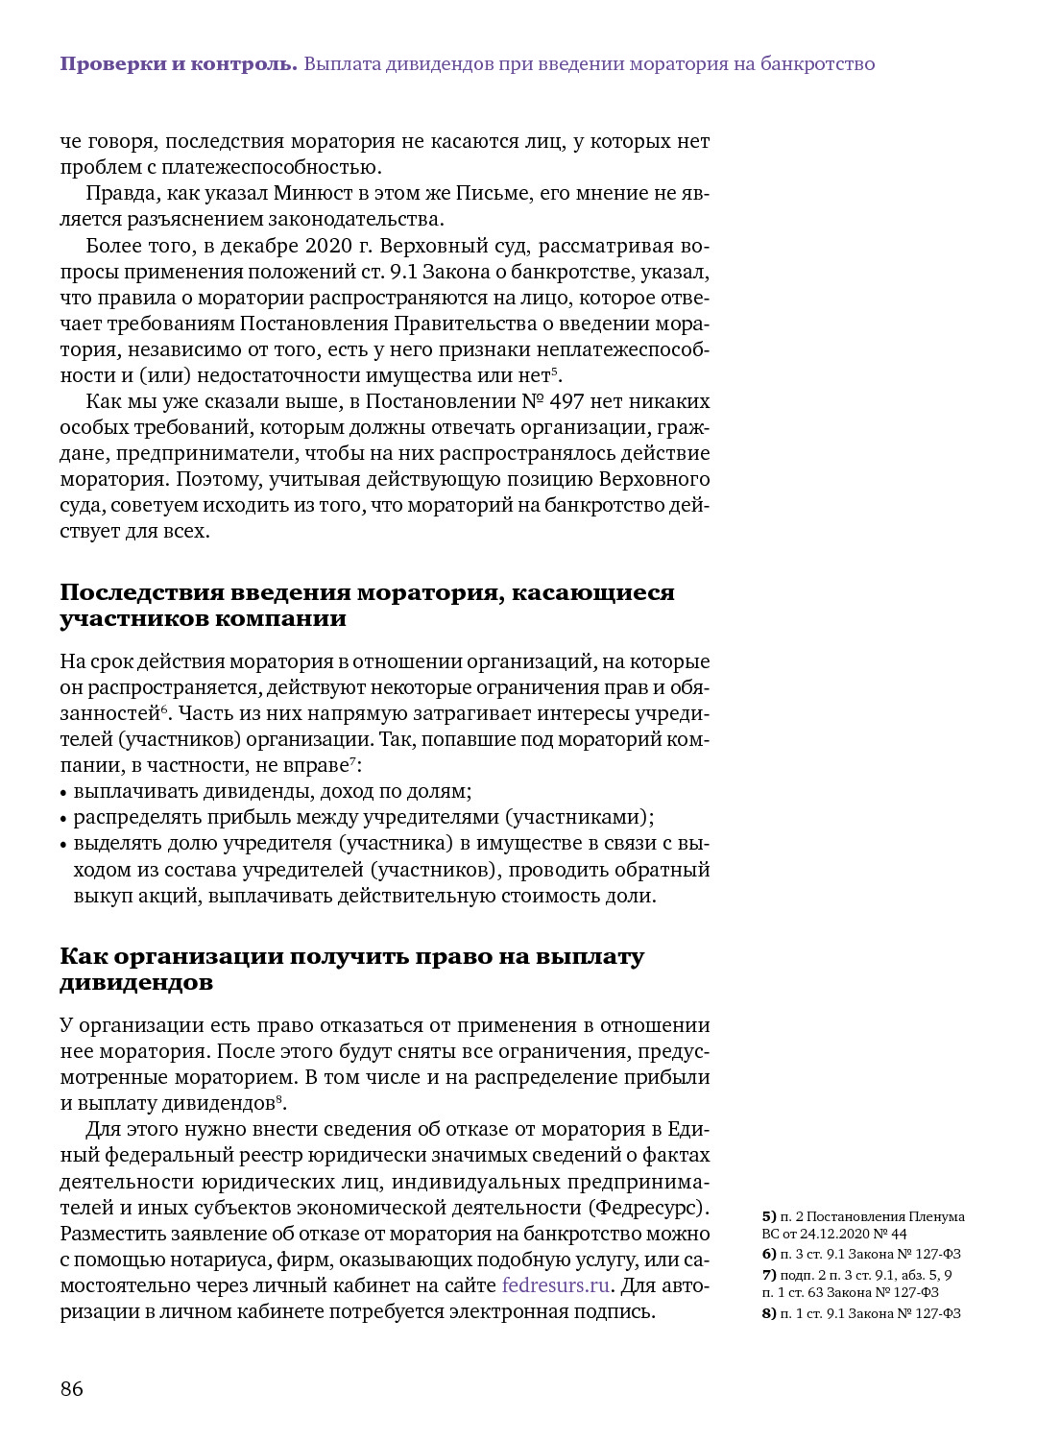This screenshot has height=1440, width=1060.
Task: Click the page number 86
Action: (72, 1389)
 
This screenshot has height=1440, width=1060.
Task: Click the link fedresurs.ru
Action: (555, 1285)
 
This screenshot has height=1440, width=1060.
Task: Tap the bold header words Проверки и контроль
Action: (179, 64)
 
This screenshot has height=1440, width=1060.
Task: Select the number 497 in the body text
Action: (566, 401)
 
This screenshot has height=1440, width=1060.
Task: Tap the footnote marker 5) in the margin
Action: (769, 1216)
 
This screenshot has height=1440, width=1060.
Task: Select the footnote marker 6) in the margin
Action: (769, 1254)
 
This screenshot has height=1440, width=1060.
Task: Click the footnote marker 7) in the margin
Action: (769, 1275)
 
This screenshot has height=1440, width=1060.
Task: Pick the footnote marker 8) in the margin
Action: (769, 1313)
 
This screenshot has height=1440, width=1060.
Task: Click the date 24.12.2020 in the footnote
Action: (833, 1234)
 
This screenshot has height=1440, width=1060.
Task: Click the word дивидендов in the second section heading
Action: (136, 982)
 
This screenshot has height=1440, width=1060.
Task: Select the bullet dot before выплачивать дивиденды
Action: (63, 793)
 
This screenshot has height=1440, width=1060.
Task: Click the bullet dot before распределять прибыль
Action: (63, 819)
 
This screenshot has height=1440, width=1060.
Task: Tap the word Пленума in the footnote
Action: (937, 1216)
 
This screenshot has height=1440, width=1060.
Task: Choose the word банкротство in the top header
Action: (817, 64)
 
